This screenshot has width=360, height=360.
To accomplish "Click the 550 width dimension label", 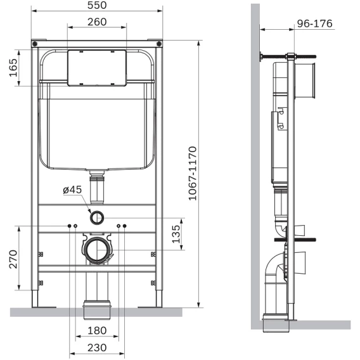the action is [97, 5].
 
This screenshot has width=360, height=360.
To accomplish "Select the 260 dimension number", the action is [97, 22].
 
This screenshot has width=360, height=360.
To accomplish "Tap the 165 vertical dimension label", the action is [13, 67].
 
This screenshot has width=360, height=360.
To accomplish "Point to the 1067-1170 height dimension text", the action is [193, 173].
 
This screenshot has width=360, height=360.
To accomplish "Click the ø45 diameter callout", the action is [72, 190].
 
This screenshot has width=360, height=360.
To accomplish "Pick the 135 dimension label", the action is [176, 234].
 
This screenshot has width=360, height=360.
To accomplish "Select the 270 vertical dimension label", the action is [13, 259].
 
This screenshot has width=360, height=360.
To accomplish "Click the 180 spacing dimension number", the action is [97, 331].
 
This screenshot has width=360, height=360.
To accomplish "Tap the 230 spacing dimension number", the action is [97, 347].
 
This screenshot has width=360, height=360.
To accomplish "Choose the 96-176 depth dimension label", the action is [314, 23].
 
